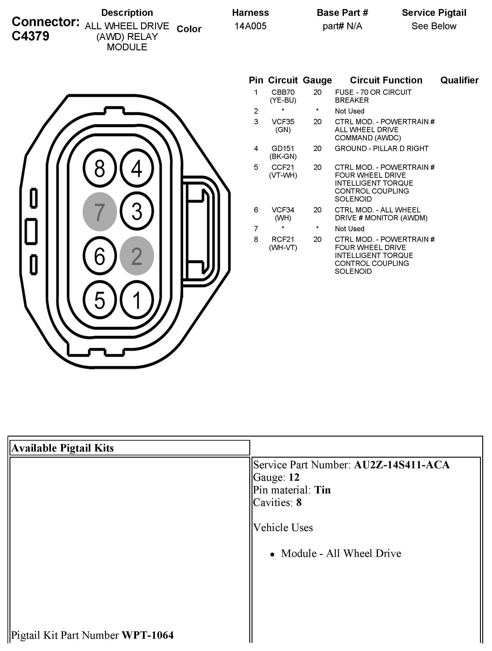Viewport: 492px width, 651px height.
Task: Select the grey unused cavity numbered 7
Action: pyautogui.click(x=100, y=212)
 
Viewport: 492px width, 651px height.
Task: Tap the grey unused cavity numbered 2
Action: pyautogui.click(x=137, y=256)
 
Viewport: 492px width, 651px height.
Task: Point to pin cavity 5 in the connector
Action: pyautogui.click(x=100, y=300)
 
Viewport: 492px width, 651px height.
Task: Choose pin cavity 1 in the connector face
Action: pyautogui.click(x=137, y=300)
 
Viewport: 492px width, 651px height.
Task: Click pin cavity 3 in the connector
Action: pyautogui.click(x=137, y=212)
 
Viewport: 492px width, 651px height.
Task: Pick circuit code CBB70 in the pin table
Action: pyautogui.click(x=283, y=92)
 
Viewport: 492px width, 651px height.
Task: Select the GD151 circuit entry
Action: pyautogui.click(x=283, y=149)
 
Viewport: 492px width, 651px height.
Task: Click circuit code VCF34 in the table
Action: pyautogui.click(x=283, y=210)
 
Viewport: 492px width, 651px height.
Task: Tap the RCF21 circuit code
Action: pyautogui.click(x=283, y=240)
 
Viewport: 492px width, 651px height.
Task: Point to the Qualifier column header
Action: pyautogui.click(x=459, y=80)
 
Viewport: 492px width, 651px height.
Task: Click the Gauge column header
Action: pyautogui.click(x=317, y=80)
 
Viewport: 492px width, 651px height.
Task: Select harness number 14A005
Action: pyautogui.click(x=250, y=26)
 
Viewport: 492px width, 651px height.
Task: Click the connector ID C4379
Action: pyautogui.click(x=31, y=36)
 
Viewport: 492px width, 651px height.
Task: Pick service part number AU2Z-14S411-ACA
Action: pyautogui.click(x=402, y=465)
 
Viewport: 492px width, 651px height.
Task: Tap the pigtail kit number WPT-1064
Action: pyautogui.click(x=148, y=635)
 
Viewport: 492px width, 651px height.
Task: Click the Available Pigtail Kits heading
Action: pyautogui.click(x=62, y=448)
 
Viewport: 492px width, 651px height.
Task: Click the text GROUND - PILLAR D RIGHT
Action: pyautogui.click(x=382, y=149)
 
